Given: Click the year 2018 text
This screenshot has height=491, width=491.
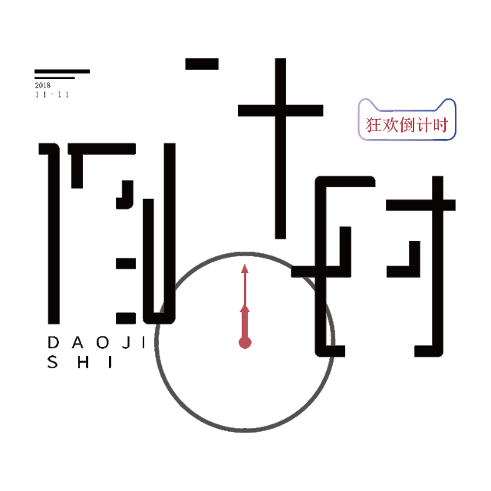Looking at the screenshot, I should click(41, 85).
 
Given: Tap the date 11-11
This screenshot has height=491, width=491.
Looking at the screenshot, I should click(52, 94).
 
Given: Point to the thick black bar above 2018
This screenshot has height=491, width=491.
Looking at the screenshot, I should click(61, 71).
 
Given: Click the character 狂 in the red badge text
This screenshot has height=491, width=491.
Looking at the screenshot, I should click(374, 124).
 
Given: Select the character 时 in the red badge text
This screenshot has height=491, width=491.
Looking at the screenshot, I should click(440, 124).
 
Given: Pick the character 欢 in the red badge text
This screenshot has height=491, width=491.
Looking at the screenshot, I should click(390, 124).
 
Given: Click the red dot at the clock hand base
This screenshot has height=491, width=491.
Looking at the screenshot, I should click(245, 342).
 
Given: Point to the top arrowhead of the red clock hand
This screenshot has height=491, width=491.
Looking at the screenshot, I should click(245, 269).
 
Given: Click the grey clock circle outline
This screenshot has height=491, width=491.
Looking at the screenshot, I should click(157, 341).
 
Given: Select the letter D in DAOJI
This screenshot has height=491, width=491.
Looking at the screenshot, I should click(53, 341).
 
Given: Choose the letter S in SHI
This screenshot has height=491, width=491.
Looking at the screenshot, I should click(53, 362).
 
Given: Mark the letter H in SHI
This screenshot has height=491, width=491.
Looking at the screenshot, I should click(83, 362).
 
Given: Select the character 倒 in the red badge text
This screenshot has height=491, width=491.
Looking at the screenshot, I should click(407, 124).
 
